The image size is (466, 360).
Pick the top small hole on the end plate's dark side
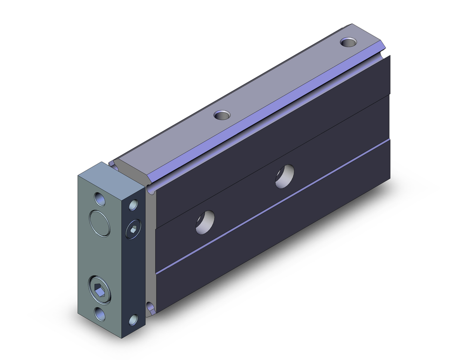point(134,204)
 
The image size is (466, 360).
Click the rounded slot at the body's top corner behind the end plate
point(150,190)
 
